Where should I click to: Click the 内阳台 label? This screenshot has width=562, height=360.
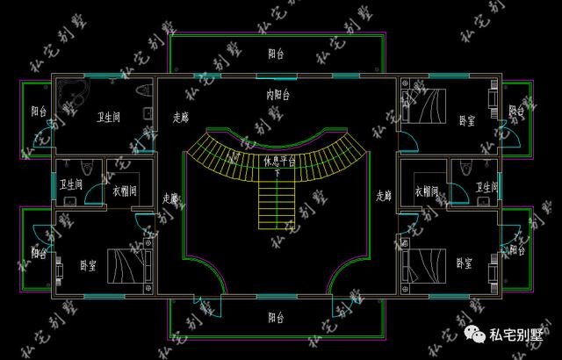278,94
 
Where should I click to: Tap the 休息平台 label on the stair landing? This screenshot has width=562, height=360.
279,161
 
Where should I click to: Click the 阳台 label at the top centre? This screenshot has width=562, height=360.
276,54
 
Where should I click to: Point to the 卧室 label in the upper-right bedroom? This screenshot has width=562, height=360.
466,119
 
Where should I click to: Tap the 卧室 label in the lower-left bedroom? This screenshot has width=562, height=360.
88,264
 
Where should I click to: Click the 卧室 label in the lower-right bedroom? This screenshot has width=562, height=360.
465,263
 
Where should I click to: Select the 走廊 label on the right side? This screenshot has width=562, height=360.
384,196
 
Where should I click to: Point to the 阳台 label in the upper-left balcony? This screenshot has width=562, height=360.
38,112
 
